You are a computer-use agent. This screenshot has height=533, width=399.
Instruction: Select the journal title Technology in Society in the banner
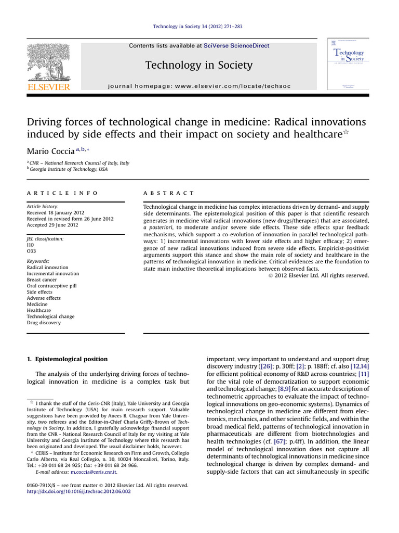click(199, 65)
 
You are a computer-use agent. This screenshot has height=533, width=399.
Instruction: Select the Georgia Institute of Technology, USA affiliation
click(69, 170)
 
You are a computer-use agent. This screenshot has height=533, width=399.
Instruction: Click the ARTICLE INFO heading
click(62, 193)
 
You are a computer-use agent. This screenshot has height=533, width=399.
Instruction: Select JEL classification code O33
click(31, 251)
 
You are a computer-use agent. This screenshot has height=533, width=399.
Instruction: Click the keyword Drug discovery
click(44, 323)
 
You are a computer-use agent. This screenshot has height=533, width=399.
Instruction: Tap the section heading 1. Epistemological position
click(67, 359)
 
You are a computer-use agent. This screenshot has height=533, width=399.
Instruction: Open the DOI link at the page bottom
click(78, 491)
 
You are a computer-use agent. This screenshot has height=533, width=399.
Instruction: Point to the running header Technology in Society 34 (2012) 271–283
click(199, 27)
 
